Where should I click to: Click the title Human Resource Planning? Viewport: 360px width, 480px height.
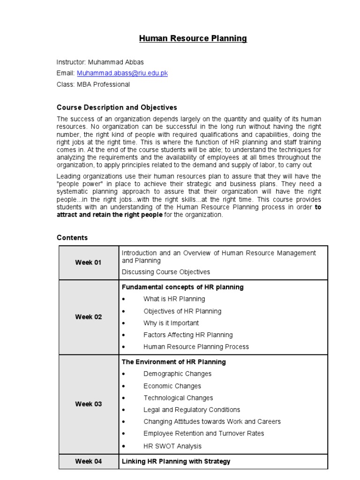(193, 38)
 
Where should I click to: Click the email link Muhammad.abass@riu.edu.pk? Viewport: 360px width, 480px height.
(122, 73)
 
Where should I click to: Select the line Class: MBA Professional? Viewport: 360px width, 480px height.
(93, 84)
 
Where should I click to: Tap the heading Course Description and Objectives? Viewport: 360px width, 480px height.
(117, 107)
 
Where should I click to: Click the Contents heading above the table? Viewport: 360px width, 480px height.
(72, 238)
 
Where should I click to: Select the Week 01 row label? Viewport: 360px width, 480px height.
(88, 262)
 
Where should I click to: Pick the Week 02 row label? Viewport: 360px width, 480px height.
(88, 317)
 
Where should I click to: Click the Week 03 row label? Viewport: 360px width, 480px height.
(88, 404)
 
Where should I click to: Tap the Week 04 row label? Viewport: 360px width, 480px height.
(88, 461)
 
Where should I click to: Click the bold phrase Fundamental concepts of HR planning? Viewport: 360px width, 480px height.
(182, 287)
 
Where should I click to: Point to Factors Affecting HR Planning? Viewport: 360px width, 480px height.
(188, 335)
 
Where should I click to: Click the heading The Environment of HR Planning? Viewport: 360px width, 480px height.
(173, 362)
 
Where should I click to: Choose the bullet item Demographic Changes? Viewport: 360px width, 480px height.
(177, 374)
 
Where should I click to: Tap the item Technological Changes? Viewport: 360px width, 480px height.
(178, 397)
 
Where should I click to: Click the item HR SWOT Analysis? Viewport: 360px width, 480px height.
(172, 446)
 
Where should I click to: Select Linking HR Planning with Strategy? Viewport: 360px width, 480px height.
(176, 461)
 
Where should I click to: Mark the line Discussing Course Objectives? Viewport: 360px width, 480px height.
(166, 272)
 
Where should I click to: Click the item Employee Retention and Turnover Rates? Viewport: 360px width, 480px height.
(203, 433)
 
